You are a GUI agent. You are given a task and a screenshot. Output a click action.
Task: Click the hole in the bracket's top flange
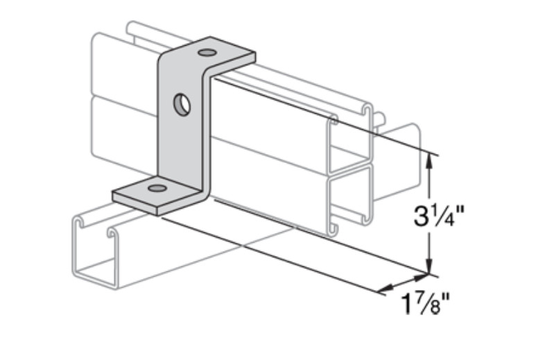[206, 53]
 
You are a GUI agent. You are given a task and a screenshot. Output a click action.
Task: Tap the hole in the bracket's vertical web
[182, 105]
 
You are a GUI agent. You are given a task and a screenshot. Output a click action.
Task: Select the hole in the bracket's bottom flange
[157, 188]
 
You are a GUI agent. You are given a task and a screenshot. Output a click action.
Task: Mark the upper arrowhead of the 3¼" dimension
[431, 159]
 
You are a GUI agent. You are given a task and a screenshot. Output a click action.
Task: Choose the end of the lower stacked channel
[351, 198]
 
